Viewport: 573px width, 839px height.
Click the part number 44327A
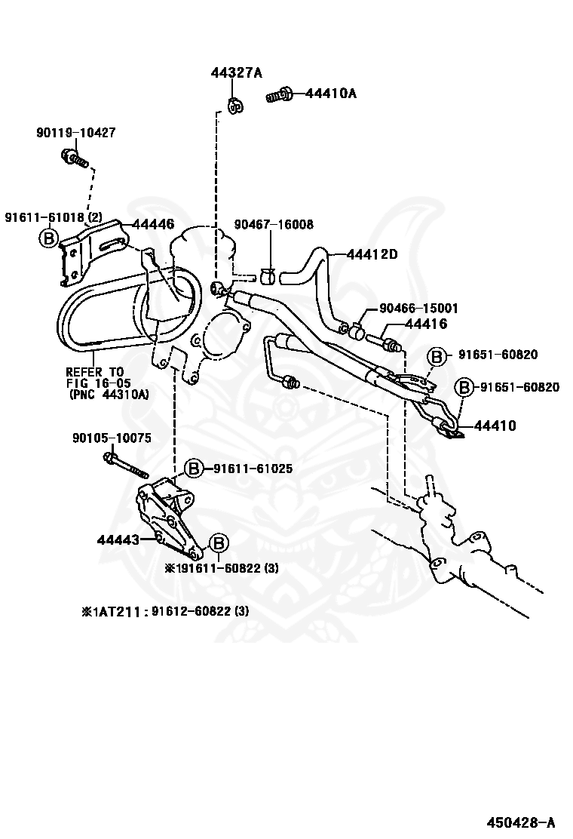(x=235, y=73)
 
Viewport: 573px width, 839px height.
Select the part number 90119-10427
(x=75, y=133)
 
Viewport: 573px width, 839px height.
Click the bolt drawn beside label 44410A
(x=280, y=95)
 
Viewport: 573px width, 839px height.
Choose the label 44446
(x=153, y=224)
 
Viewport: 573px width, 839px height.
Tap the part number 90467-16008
(x=274, y=224)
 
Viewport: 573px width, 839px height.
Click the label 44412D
(x=372, y=254)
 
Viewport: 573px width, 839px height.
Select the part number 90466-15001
(x=418, y=309)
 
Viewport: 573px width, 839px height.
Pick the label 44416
(x=426, y=324)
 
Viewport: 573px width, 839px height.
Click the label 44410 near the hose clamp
(x=495, y=426)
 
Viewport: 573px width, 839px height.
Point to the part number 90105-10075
(x=112, y=438)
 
